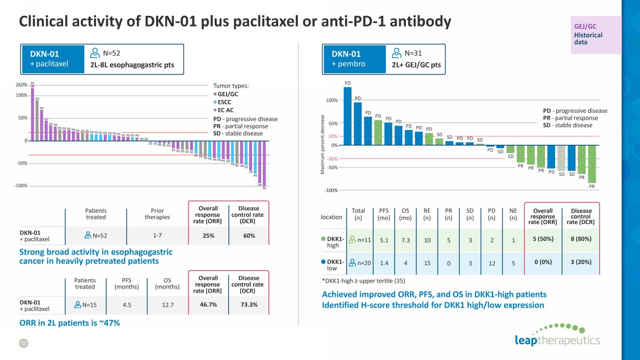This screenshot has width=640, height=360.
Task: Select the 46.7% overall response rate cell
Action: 208,305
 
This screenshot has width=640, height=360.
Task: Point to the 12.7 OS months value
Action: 168,305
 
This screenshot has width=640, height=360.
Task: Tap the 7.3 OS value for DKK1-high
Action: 405,240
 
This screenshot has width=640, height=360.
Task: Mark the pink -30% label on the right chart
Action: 333,159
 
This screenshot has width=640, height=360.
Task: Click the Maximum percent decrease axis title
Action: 323,144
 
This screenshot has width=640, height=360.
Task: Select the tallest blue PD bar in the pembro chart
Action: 348,116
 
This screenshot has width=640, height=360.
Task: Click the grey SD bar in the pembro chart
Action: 561,158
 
